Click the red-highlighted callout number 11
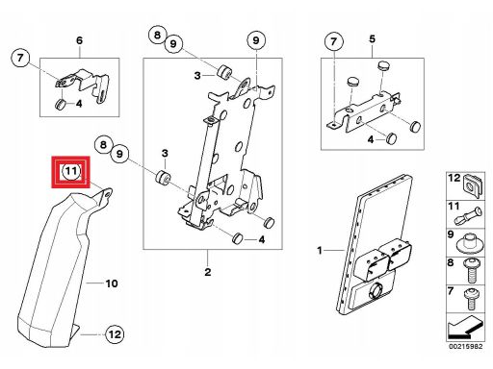[x=71, y=171]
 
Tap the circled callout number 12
[x=115, y=334]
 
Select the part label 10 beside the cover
[x=112, y=283]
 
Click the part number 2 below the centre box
[x=208, y=272]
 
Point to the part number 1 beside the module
[x=320, y=250]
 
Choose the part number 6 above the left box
[x=79, y=40]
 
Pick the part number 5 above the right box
[x=372, y=39]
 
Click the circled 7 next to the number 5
[x=334, y=41]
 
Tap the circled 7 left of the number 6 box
[x=20, y=58]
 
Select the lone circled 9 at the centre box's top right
[x=256, y=40]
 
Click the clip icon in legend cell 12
[x=475, y=186]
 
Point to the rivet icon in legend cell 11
[x=468, y=216]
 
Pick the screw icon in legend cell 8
[x=472, y=271]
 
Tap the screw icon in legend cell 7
[x=472, y=299]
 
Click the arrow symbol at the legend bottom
[x=465, y=328]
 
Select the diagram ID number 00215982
[x=466, y=346]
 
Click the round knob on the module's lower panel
[x=375, y=291]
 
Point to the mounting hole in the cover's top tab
[x=107, y=194]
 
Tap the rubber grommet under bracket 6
[x=61, y=105]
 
